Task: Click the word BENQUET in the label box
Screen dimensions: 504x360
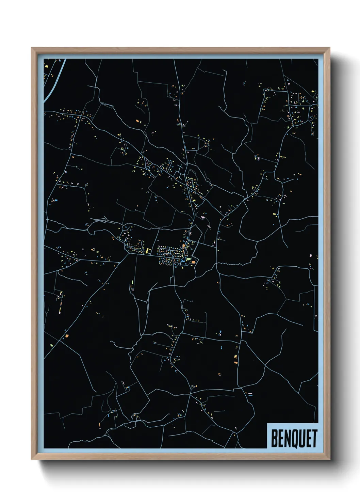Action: tap(294, 439)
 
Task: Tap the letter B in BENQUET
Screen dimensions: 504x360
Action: tap(274, 439)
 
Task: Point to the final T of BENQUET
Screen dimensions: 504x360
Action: tap(314, 439)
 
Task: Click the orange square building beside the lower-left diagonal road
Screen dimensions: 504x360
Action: tap(67, 336)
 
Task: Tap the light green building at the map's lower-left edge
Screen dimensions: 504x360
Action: tap(51, 345)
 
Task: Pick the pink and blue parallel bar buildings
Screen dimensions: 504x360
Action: tap(250, 394)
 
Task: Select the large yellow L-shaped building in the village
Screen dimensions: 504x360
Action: tap(148, 251)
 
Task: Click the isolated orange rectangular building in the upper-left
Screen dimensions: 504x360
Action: tap(137, 121)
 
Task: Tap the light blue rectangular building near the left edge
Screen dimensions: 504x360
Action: tap(56, 201)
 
